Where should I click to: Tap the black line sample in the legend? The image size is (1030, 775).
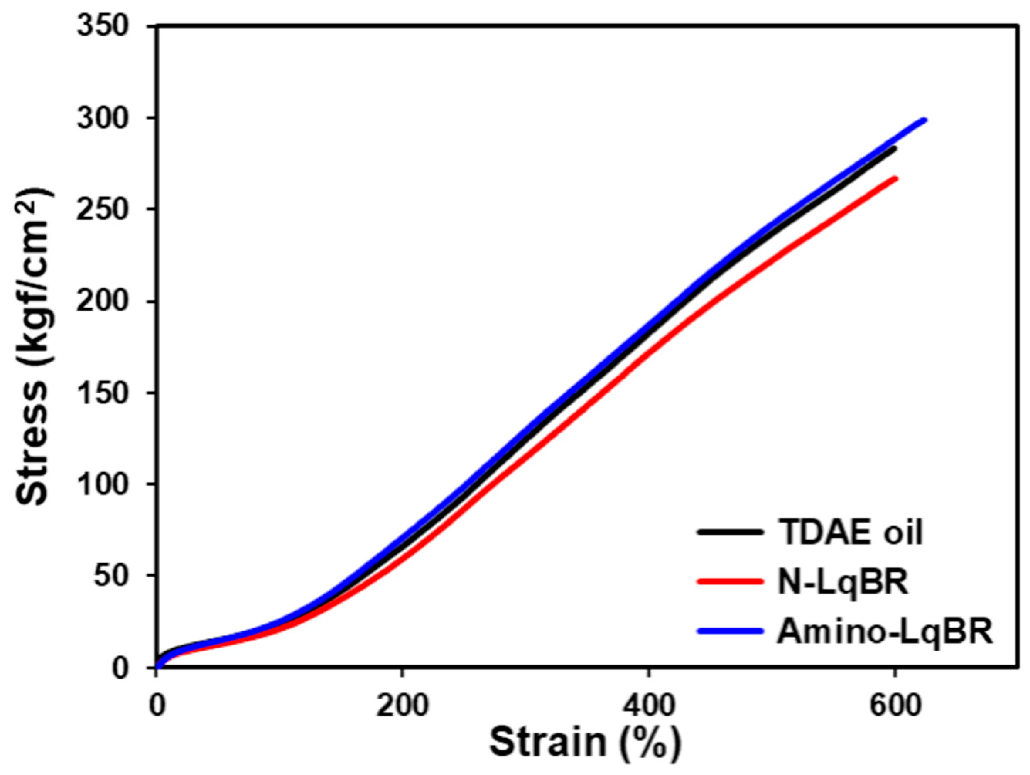click(731, 532)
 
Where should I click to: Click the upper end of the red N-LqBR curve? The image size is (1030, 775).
click(895, 178)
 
